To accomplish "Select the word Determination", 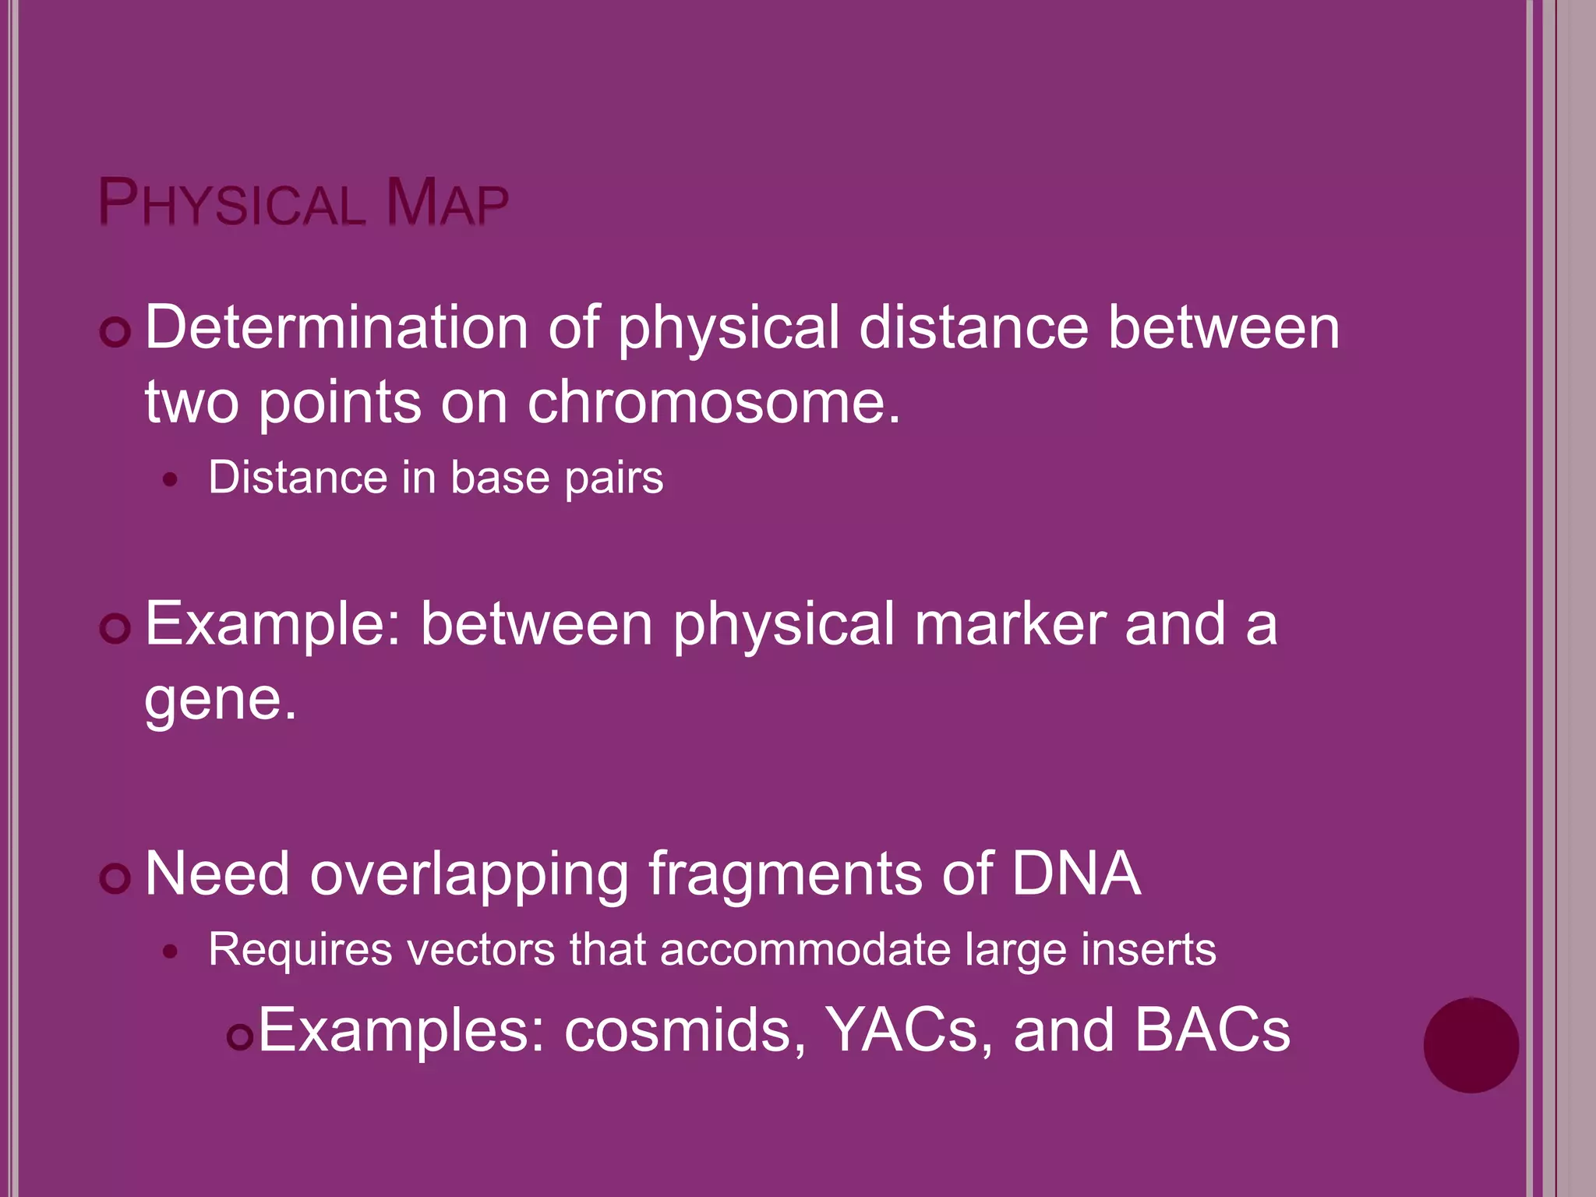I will click(x=337, y=328).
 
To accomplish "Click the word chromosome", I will click(x=712, y=403).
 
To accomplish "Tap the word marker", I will click(x=1010, y=624).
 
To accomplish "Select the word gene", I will click(x=220, y=701).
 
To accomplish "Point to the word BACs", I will click(x=1212, y=1031).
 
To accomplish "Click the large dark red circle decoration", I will click(x=1471, y=1045).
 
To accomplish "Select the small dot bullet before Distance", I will click(x=171, y=480).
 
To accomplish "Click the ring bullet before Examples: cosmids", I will click(x=240, y=1037).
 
